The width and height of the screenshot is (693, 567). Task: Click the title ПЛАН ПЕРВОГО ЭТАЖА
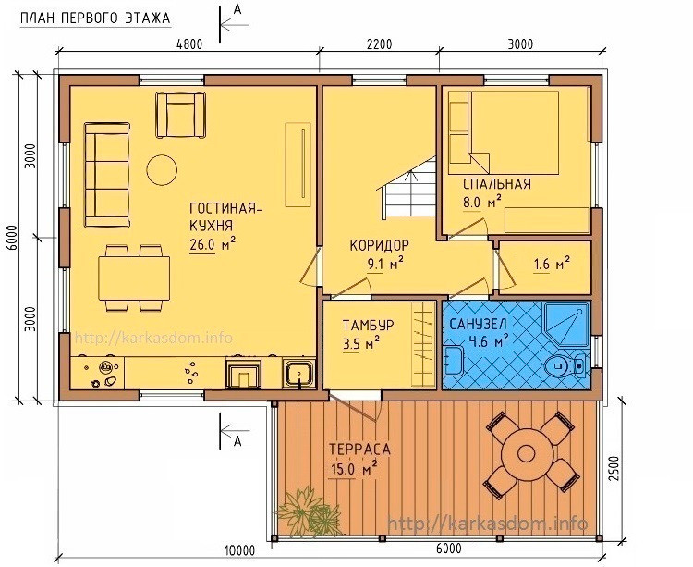tap(95, 18)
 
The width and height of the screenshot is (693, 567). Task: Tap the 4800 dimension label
tap(188, 44)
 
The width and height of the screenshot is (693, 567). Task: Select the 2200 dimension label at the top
tap(379, 44)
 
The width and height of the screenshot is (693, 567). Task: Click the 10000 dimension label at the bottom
tap(239, 550)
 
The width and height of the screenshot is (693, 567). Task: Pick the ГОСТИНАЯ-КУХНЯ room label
tap(225, 216)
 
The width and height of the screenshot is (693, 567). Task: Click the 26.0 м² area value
tap(213, 244)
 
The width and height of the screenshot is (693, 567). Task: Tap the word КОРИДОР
tap(379, 245)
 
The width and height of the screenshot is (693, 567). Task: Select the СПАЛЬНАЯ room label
tap(497, 184)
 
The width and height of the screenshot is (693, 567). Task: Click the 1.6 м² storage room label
tap(552, 264)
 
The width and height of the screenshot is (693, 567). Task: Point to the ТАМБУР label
tap(368, 325)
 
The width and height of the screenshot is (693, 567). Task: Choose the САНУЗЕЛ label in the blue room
tap(478, 324)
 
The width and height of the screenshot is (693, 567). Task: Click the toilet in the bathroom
tap(565, 365)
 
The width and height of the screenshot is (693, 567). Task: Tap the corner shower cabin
tap(566, 325)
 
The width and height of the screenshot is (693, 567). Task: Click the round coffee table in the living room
tap(163, 169)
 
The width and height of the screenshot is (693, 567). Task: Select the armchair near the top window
tap(180, 115)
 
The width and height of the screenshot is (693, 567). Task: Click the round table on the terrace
tap(526, 453)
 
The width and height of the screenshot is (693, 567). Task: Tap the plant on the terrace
tap(310, 512)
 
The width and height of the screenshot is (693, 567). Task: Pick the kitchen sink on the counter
tap(299, 373)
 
